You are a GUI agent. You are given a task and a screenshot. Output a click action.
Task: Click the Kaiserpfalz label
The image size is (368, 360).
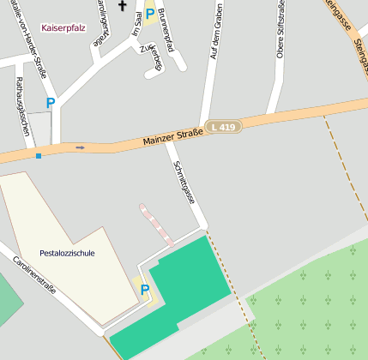point(63,27)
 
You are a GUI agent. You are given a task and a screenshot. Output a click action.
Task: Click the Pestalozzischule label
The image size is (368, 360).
point(67,253)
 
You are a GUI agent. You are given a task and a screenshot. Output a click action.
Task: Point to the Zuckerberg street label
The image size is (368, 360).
point(151,58)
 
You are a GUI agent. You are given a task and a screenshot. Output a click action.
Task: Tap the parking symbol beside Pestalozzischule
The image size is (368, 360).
point(144,290)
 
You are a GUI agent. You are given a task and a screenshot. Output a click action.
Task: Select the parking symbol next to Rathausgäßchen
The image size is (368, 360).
point(51,103)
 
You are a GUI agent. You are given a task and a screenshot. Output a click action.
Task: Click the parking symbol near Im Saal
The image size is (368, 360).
point(149,14)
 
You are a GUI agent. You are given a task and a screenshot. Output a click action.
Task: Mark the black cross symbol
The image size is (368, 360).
point(122,7)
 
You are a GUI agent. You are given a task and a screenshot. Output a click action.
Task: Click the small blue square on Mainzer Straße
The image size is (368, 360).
point(38,156)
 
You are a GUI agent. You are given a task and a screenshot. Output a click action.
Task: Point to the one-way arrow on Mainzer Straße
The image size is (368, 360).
point(81,147)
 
